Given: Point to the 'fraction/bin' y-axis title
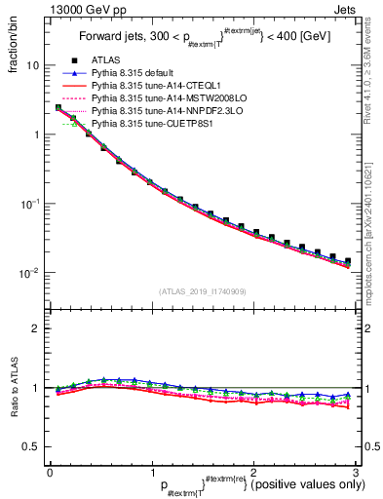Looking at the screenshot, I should [x=14, y=44].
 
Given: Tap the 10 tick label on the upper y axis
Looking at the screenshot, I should [x=33, y=65].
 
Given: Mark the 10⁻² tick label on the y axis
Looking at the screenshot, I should [x=29, y=272].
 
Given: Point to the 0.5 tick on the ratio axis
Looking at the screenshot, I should [x=32, y=446].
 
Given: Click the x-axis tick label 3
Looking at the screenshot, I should [x=356, y=471].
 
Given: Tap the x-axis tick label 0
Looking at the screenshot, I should [x=50, y=471].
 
